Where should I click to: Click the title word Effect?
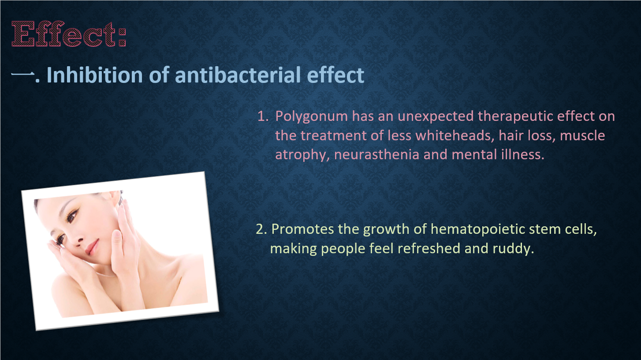(x=69, y=34)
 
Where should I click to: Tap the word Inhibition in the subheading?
(x=95, y=75)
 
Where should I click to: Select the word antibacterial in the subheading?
(x=238, y=75)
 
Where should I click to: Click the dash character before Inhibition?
(x=22, y=74)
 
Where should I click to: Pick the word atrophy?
(x=302, y=155)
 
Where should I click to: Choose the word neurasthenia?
(x=376, y=155)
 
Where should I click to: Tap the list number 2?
(x=261, y=229)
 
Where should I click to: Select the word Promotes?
(x=302, y=229)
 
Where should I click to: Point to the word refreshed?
(x=429, y=248)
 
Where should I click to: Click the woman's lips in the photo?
(x=92, y=247)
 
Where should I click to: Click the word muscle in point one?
(x=582, y=136)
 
